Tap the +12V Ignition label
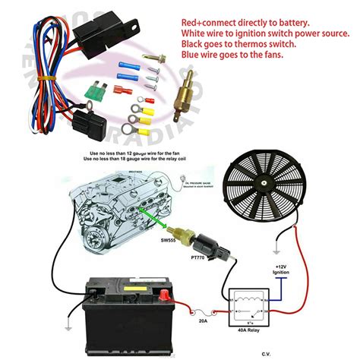(282, 272)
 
